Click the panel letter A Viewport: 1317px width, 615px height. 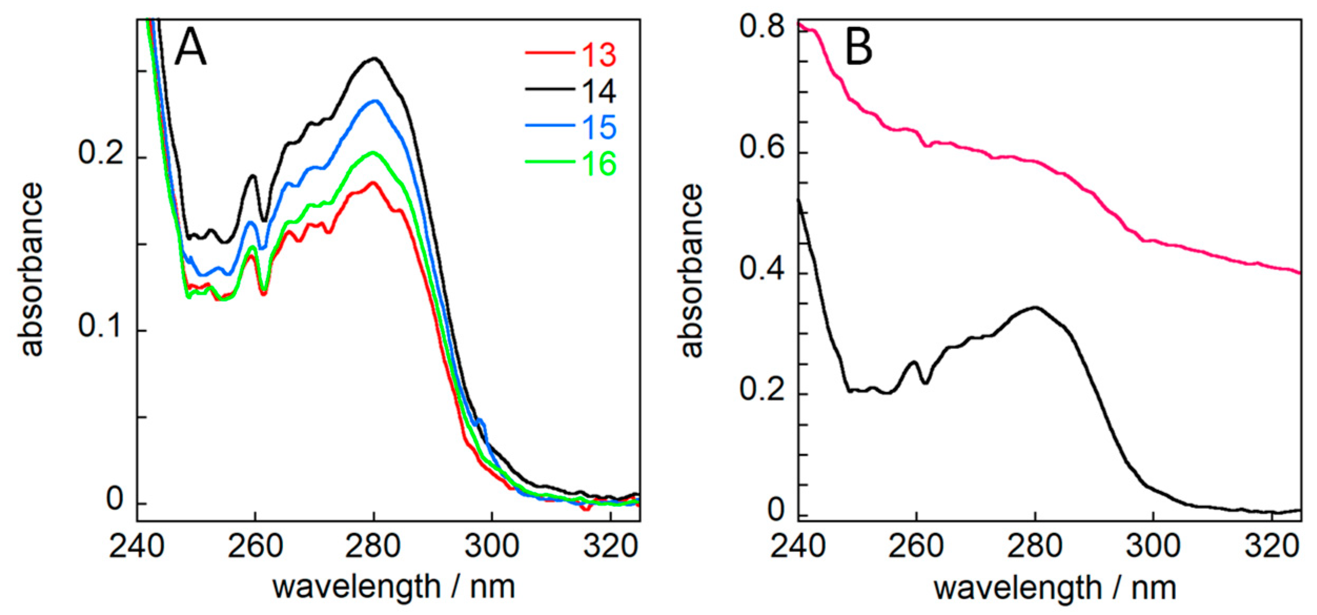190,47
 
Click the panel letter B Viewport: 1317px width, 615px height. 859,47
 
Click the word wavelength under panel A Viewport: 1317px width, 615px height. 356,587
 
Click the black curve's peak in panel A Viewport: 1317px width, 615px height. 374,59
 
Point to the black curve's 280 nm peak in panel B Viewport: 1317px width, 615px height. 1035,307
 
